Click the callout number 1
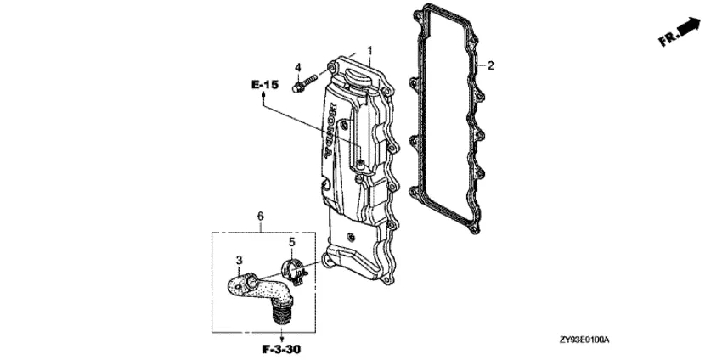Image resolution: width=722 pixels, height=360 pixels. (369, 49)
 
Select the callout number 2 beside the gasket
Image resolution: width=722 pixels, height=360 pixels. (490, 65)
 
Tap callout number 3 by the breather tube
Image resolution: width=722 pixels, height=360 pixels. (239, 261)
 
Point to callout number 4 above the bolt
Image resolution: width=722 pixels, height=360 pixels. (298, 68)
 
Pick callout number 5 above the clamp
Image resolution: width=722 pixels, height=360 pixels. (292, 242)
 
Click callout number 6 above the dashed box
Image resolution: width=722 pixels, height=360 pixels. (261, 216)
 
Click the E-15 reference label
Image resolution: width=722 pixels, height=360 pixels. (265, 85)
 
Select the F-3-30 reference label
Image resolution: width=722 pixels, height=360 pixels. (282, 350)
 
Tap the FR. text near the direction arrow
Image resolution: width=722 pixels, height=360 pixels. (669, 38)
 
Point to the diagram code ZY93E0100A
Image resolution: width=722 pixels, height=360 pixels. (584, 340)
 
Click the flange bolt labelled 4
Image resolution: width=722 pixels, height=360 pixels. (305, 83)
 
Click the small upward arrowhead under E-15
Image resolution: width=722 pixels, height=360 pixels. (264, 94)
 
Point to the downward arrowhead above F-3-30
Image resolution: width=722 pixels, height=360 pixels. (282, 338)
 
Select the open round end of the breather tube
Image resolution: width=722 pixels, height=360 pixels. (251, 281)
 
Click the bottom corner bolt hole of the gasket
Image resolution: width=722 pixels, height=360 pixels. (474, 228)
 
